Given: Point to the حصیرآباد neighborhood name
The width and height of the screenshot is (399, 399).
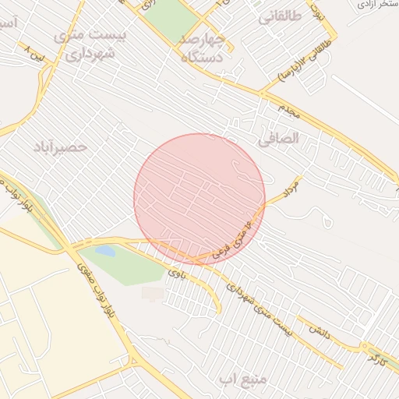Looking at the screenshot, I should click(x=61, y=147).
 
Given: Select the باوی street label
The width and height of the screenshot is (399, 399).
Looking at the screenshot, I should click(x=177, y=273).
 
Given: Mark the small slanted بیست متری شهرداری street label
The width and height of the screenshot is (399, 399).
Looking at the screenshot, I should click(x=258, y=308).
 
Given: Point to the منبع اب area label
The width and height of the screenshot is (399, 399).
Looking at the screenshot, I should click(x=242, y=380).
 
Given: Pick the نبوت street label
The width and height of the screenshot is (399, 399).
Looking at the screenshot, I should click(x=316, y=12).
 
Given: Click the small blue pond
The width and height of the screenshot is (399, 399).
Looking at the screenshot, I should click(x=105, y=252).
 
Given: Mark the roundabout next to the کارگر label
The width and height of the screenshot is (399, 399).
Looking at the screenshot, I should click(x=365, y=346).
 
